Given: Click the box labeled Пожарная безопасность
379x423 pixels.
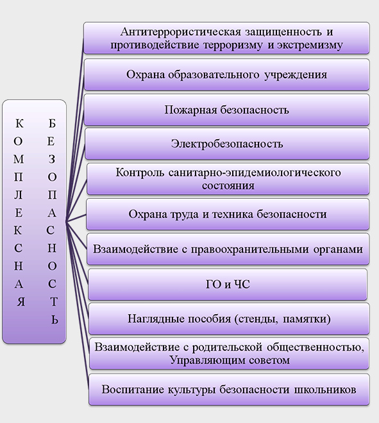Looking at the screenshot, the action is click(x=227, y=110).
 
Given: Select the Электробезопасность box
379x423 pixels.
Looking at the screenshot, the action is click(x=227, y=144).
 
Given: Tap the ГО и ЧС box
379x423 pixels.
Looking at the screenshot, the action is click(x=228, y=285).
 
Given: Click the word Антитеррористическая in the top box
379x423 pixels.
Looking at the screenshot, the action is click(x=181, y=32).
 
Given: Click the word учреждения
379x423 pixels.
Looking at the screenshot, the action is click(x=296, y=75).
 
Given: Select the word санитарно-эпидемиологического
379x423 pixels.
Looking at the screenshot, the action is click(x=255, y=172).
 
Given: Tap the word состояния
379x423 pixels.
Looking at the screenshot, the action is click(x=228, y=186).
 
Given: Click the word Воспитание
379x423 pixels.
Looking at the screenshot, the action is click(x=132, y=390).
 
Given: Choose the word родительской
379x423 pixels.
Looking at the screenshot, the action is click(x=227, y=347).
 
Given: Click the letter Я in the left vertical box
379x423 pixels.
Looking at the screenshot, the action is click(x=21, y=302).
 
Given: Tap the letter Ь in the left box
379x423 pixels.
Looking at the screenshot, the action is click(x=55, y=320).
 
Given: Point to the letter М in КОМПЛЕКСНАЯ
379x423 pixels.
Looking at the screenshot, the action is click(x=19, y=159).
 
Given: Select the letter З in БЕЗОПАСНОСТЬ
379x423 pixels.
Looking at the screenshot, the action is click(x=52, y=159).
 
